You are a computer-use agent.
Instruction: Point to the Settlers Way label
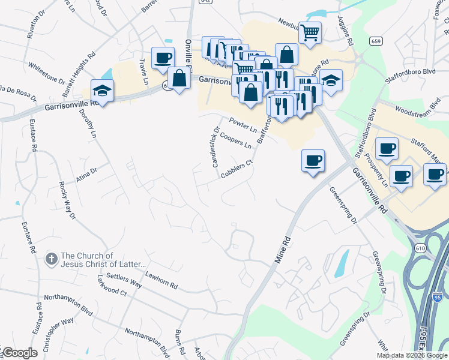click(x=123, y=280)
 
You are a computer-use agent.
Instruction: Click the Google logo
click(x=20, y=353)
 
